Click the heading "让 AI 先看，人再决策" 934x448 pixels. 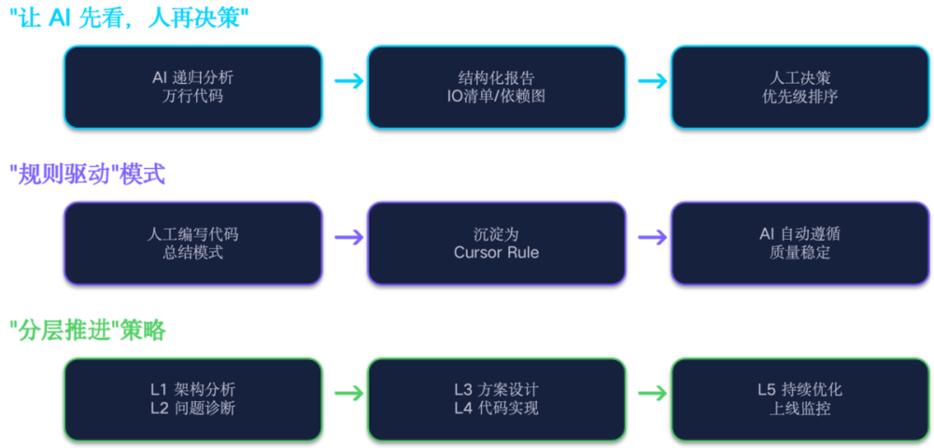[x=129, y=19]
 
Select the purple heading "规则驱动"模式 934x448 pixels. [x=88, y=175]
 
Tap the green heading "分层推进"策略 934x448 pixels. [x=88, y=330]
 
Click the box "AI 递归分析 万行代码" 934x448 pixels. [x=193, y=87]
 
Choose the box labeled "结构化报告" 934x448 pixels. [x=497, y=87]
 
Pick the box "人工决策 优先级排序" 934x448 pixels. [x=800, y=87]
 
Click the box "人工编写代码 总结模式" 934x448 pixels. [x=193, y=243]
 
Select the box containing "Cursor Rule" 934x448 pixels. [x=497, y=243]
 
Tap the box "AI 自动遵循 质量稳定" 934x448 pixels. [x=800, y=243]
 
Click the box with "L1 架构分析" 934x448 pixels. [x=193, y=399]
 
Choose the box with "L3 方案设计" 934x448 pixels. [x=497, y=399]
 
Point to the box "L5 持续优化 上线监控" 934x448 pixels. [x=800, y=399]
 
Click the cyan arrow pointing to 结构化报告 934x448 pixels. [x=349, y=81]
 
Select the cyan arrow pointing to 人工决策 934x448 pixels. [x=653, y=81]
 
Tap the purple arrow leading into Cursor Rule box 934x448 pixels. [x=349, y=237]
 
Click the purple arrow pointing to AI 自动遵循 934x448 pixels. [x=653, y=237]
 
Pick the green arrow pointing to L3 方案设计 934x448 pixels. [x=349, y=393]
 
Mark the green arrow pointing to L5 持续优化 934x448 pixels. [x=653, y=393]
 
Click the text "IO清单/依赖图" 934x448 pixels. [x=496, y=96]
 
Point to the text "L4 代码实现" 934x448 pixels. [x=496, y=409]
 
